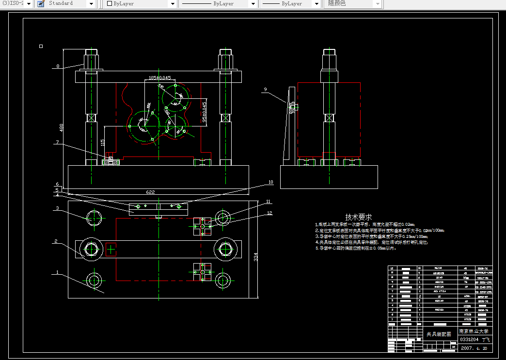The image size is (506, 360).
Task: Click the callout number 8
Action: click(58, 66)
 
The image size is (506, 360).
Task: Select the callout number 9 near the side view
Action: click(265, 89)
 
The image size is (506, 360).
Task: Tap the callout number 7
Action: click(57, 142)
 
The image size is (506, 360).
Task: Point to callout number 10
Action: click(270, 183)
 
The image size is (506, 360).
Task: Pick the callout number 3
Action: click(57, 208)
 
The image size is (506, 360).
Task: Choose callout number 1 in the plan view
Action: click(57, 272)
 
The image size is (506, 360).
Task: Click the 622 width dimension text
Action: click(150, 192)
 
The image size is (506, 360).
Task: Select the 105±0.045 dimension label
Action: click(159, 78)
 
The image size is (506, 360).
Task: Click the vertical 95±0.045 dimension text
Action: click(204, 112)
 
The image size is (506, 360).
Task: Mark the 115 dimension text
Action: click(102, 143)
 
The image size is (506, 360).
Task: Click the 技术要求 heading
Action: click(358, 217)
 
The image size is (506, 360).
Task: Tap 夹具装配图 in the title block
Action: click(438, 334)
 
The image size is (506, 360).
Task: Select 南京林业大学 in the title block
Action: click(474, 331)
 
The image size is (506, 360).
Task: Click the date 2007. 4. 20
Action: click(474, 348)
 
